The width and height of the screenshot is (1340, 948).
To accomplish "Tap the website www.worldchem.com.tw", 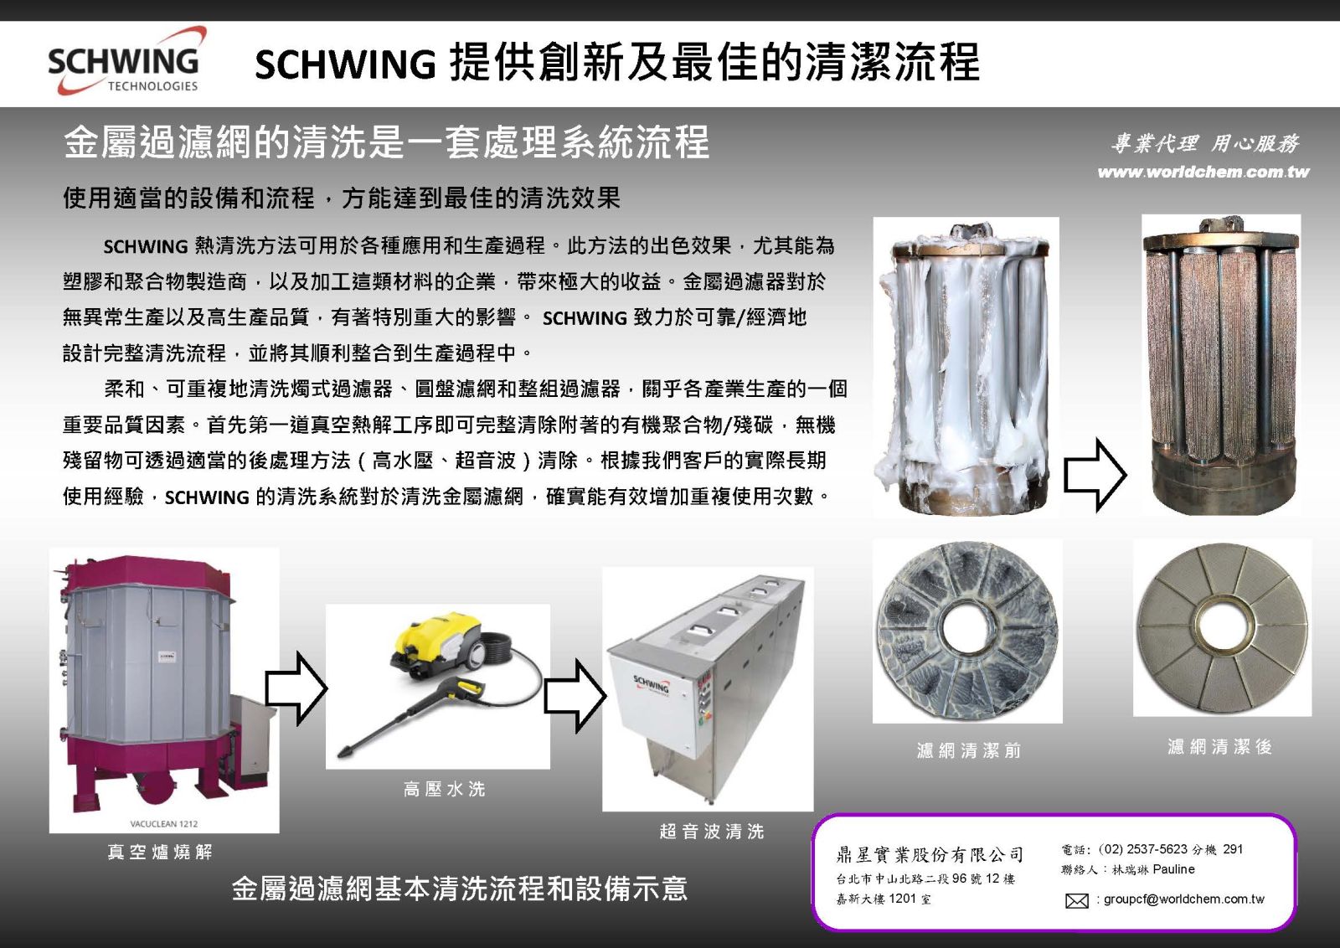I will (x=1203, y=173).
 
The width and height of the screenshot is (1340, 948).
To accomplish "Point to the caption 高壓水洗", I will (x=444, y=789).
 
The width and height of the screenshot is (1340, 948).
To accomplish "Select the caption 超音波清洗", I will (x=712, y=832).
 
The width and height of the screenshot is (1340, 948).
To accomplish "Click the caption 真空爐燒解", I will (x=160, y=853).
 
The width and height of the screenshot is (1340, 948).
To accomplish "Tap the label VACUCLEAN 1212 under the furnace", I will (x=163, y=824).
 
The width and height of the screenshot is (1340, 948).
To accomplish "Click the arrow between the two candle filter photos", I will (x=1095, y=475).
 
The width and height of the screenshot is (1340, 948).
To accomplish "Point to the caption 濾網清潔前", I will (x=969, y=750).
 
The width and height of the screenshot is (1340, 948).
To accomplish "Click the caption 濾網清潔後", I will (x=1220, y=747).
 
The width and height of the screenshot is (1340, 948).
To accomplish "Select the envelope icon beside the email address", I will (x=1076, y=901).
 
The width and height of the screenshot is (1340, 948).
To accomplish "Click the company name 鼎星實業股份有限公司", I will (x=930, y=855).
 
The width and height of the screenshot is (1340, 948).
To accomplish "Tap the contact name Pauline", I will (x=1173, y=870).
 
